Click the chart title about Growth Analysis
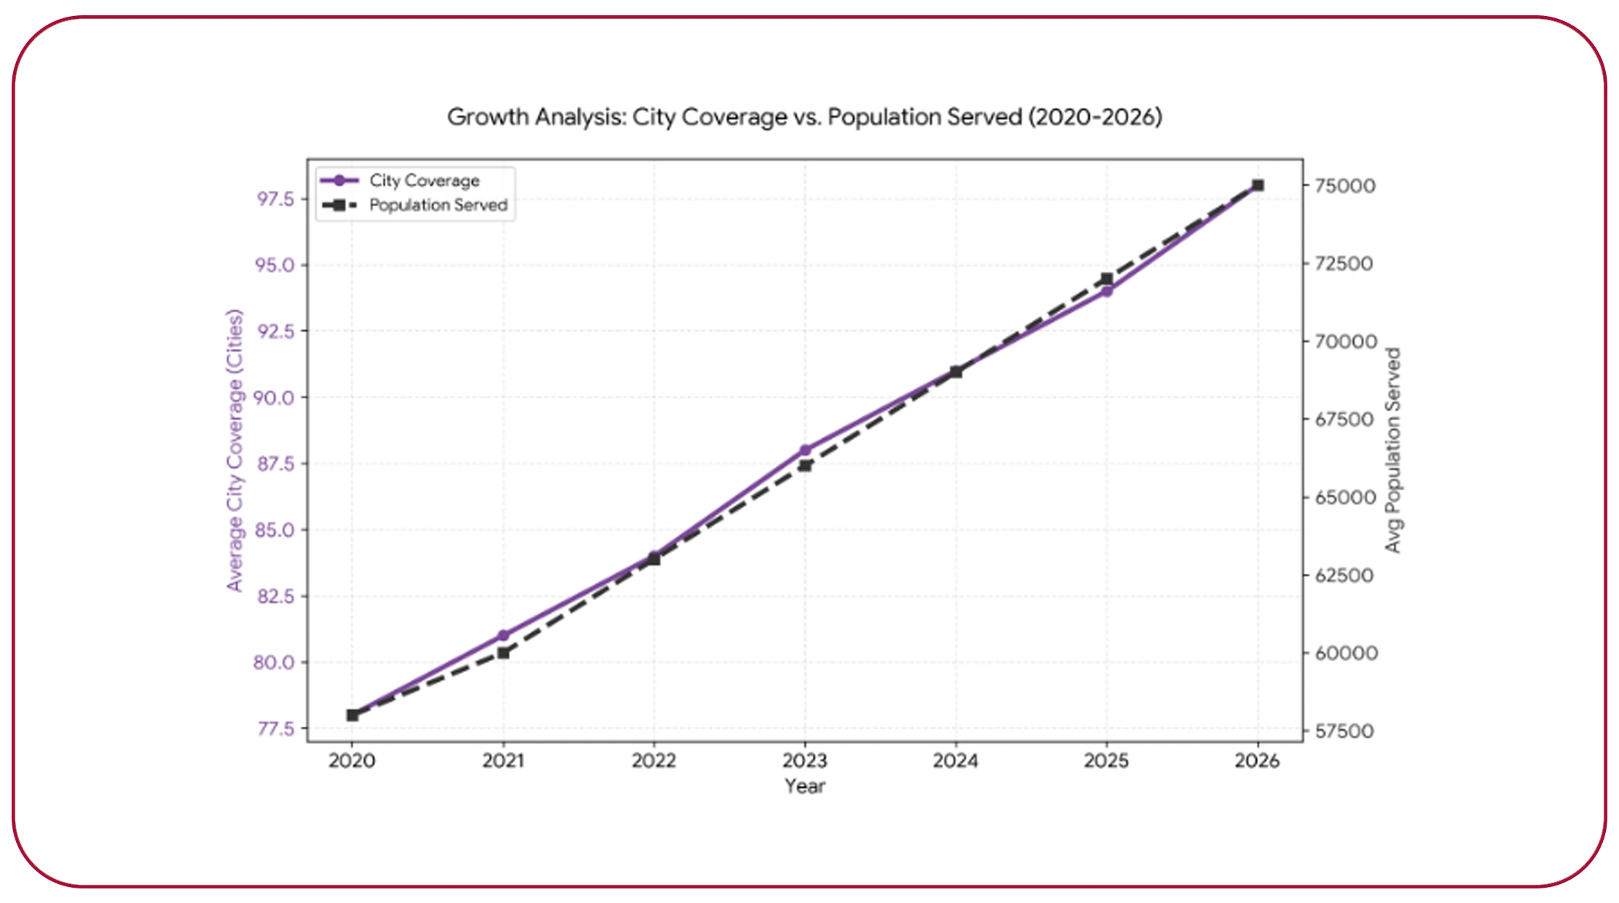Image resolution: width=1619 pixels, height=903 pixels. [x=804, y=117]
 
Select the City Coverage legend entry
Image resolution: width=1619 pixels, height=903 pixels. [x=423, y=181]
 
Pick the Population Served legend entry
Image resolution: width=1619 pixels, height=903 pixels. [x=437, y=205]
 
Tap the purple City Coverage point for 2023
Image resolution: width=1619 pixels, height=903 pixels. [x=805, y=450]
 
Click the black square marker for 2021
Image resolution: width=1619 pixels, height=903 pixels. [x=503, y=652]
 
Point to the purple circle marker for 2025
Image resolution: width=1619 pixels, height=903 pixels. [x=1106, y=291]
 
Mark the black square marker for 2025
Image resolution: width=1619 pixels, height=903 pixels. [x=1106, y=278]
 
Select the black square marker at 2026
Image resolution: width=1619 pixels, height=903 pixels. [x=1257, y=185]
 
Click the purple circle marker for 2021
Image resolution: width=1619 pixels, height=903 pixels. [x=503, y=635]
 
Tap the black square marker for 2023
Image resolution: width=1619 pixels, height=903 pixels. [x=805, y=465]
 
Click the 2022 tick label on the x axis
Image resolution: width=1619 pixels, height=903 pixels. [x=653, y=761]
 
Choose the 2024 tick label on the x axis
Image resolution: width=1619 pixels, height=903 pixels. [x=956, y=761]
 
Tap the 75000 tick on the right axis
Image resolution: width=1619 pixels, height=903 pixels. [x=1344, y=186]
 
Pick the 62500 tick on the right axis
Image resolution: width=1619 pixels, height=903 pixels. [x=1344, y=575]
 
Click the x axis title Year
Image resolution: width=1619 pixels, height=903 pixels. [x=804, y=786]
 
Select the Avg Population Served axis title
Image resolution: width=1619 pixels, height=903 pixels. [x=1393, y=450]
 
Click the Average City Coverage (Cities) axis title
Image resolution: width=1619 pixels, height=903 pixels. [x=234, y=450]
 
